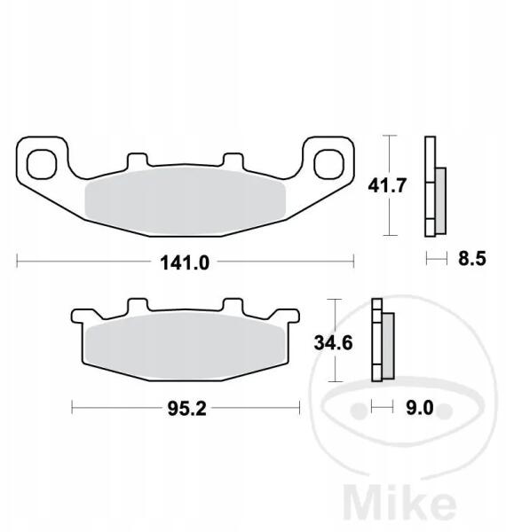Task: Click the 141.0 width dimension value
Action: (185, 262)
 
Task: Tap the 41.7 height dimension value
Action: (387, 185)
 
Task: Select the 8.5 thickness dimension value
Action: (472, 258)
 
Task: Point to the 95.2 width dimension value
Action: (186, 409)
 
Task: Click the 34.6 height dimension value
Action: (334, 342)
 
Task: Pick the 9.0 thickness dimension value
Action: (420, 408)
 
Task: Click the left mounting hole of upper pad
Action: (42, 164)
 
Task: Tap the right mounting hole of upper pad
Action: (328, 164)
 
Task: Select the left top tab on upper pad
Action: (138, 160)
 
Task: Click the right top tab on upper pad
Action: (233, 160)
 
